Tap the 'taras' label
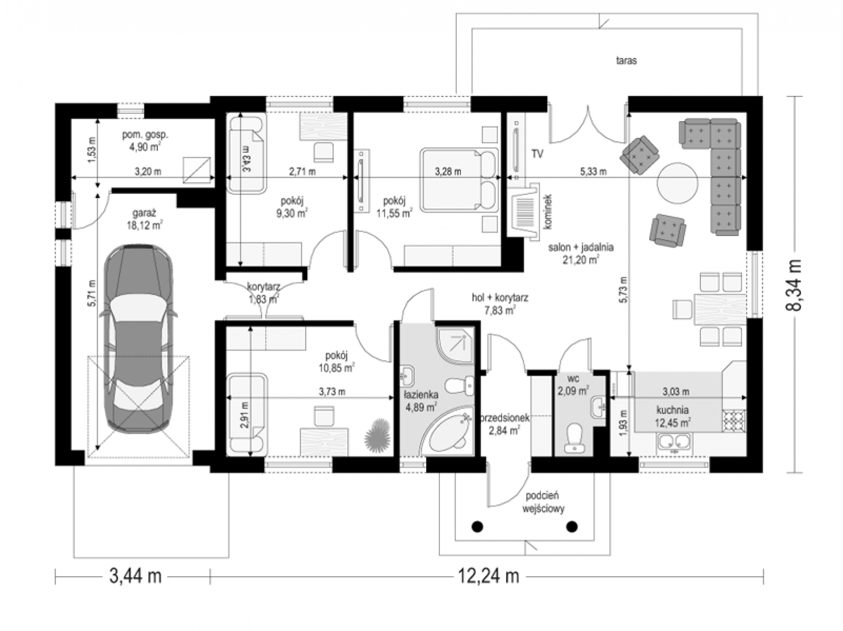626,61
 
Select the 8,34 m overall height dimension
794,285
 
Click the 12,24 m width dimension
488,576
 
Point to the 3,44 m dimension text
135,576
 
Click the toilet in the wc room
575,438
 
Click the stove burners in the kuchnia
734,421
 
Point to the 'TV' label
537,154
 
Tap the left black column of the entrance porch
477,527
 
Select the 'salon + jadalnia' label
581,247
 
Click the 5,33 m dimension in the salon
593,172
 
